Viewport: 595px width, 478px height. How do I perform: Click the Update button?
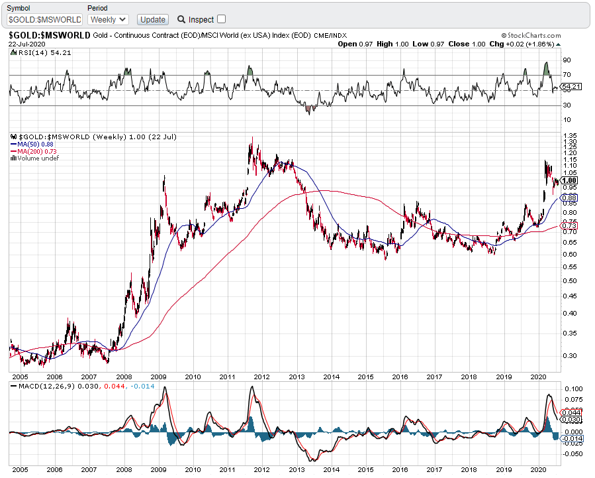coord(154,19)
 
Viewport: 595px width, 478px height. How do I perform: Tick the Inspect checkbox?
coord(221,19)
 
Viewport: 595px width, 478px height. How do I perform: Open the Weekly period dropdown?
coord(108,19)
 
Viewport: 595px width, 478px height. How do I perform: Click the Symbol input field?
coord(45,20)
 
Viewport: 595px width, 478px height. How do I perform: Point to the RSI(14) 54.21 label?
coord(35,52)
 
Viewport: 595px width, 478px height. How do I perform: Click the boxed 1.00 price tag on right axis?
coord(570,180)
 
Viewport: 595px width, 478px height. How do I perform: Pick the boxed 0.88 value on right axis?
coord(569,198)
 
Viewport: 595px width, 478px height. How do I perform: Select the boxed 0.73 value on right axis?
coord(569,227)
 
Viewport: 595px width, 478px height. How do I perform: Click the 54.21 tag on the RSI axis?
coord(571,87)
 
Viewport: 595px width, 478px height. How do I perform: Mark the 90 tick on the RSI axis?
coord(567,60)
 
